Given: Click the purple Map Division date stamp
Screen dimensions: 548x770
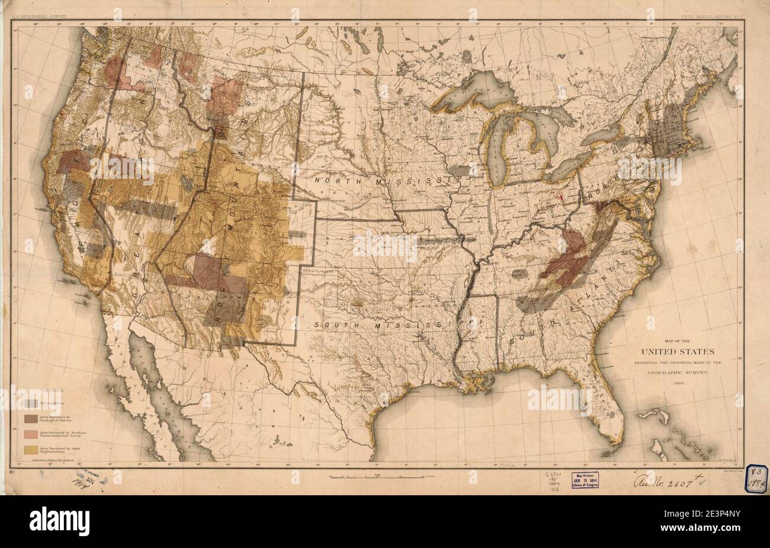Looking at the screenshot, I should (x=585, y=479).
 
